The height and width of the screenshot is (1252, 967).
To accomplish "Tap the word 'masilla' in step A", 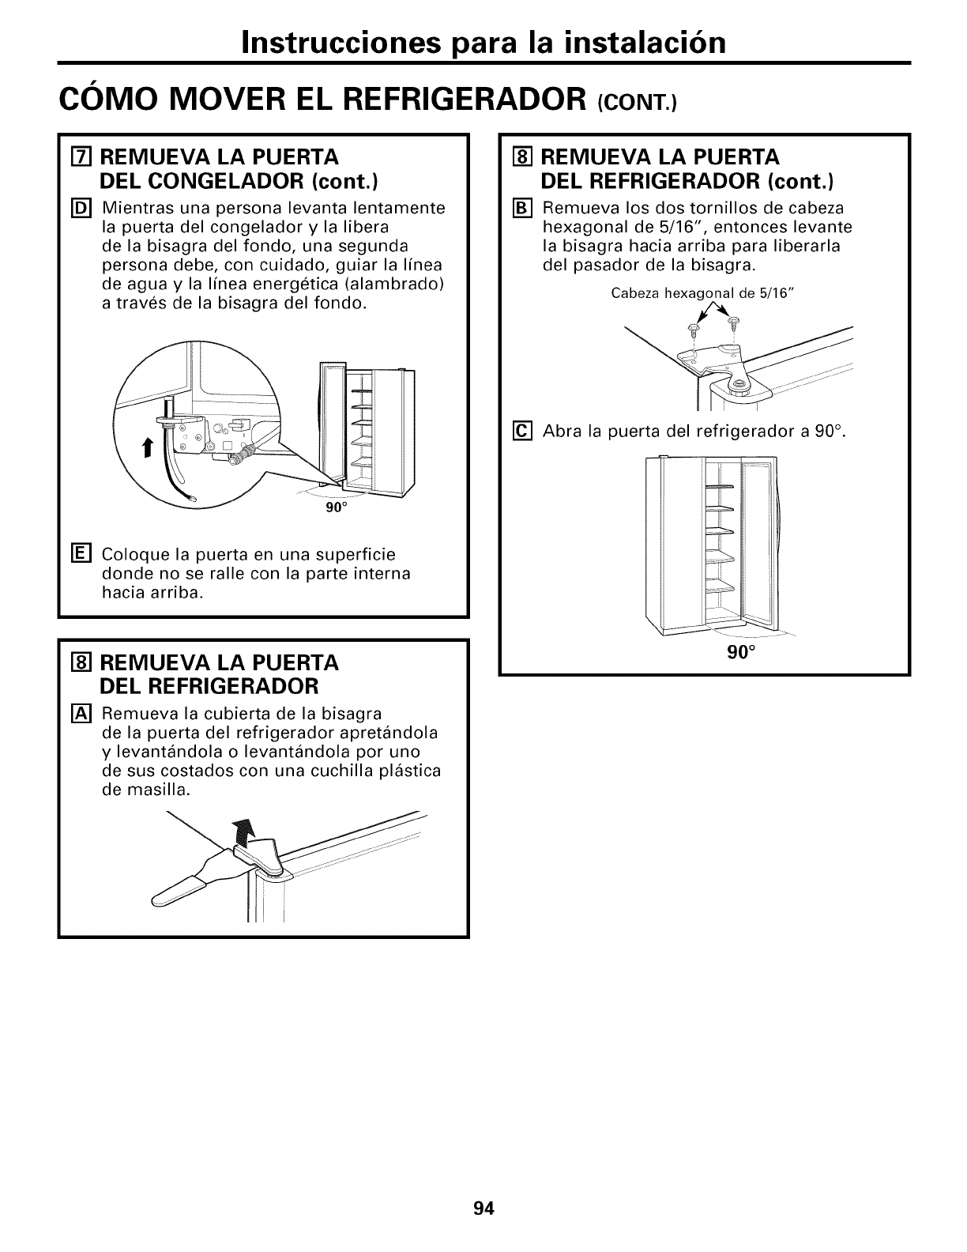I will [161, 790].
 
